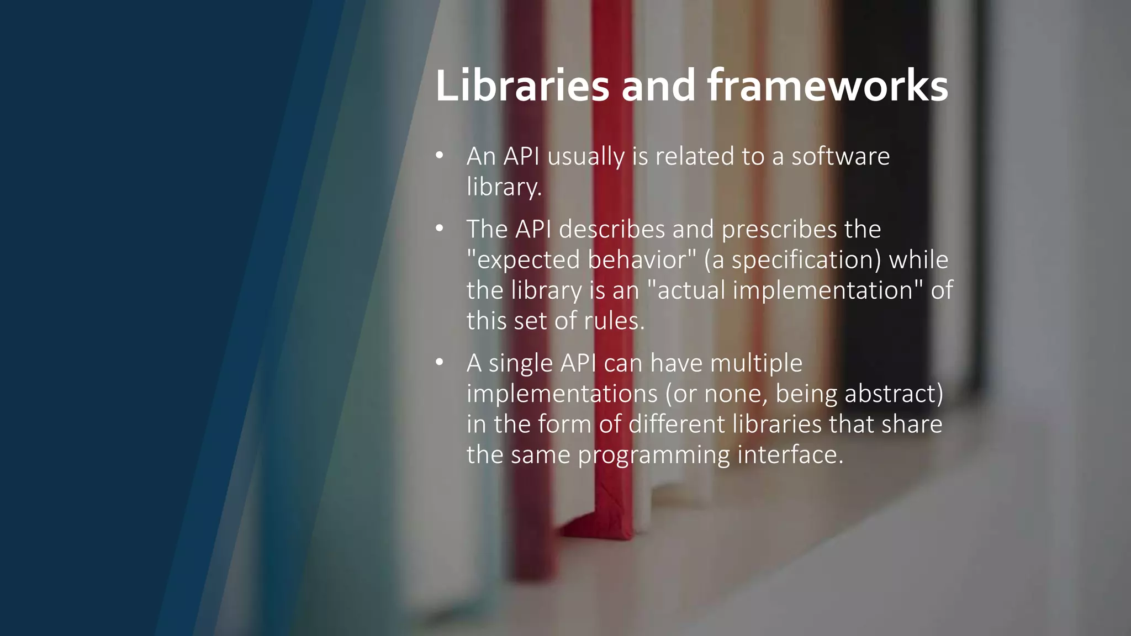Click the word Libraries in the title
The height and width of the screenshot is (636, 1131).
click(522, 86)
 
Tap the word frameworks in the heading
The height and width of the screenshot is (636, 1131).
click(827, 86)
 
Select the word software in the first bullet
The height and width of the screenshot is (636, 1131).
click(841, 157)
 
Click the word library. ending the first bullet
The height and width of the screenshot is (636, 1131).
click(504, 187)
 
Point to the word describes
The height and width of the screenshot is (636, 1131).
click(612, 230)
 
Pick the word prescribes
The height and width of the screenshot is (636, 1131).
click(779, 230)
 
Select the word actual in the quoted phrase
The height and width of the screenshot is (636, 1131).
click(691, 290)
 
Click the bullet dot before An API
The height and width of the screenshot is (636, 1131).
click(440, 156)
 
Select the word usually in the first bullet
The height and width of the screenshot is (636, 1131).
click(586, 157)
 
